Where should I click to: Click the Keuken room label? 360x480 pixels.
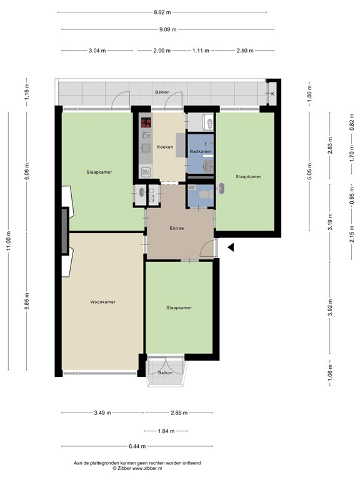pos(165,147)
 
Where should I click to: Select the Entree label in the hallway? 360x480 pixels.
pos(177,229)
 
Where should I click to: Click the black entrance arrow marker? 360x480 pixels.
pos(230,248)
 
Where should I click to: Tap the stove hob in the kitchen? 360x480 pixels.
pos(146,122)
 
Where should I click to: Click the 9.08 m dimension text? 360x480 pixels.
pos(167,29)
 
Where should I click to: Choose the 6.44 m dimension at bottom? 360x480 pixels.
pos(137,446)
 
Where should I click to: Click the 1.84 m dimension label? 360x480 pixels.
pos(166,431)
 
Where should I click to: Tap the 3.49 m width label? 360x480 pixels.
pos(102,413)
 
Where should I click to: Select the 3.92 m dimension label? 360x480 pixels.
pos(329,311)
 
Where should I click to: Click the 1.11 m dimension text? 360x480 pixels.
pos(201,51)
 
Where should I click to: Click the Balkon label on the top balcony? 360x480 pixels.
pos(162,92)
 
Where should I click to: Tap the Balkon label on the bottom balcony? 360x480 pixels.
pos(166,372)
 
